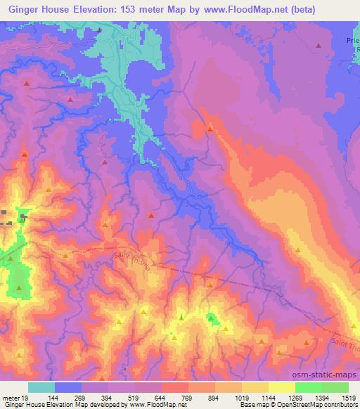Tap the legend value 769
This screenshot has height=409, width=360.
188,397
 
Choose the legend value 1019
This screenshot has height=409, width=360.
241,397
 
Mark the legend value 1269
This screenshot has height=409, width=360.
294,397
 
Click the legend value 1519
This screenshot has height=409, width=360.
347,397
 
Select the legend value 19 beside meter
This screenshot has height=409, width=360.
27,397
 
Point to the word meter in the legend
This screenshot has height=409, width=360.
11,397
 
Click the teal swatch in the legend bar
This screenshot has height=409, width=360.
41,387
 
